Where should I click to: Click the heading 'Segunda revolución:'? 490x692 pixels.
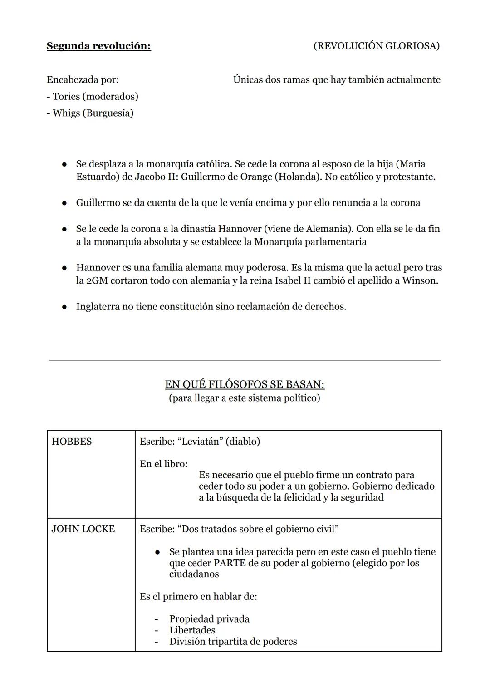[98, 46]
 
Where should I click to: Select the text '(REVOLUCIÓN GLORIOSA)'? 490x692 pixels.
[376, 46]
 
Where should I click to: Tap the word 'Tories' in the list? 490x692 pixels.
[66, 96]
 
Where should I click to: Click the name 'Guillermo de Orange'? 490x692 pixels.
[226, 177]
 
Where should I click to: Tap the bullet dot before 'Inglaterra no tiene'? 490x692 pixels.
[65, 307]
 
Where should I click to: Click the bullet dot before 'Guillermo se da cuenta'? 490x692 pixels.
[65, 203]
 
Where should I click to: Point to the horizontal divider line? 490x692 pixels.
[245, 360]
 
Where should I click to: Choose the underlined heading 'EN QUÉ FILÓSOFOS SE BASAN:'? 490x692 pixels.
[245, 384]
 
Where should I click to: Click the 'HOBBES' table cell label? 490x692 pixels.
[72, 442]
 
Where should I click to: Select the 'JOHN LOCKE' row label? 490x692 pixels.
[83, 529]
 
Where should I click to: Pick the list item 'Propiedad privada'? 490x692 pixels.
[209, 619]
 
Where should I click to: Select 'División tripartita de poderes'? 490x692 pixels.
[233, 641]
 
